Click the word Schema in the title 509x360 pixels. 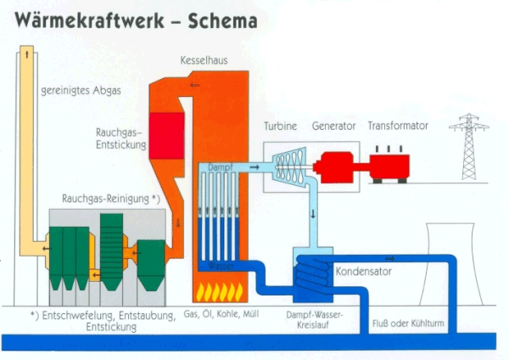[222, 20]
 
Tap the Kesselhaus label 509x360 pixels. [204, 60]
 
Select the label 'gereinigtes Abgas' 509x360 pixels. [81, 90]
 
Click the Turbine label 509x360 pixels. [280, 126]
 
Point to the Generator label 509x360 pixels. [333, 126]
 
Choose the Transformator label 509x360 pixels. [398, 126]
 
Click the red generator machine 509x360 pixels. [333, 167]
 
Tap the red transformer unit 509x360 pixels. [389, 166]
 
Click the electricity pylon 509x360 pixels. [469, 147]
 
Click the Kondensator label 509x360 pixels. [364, 272]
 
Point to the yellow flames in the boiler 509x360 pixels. [220, 292]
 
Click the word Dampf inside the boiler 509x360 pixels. [221, 167]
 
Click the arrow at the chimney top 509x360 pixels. [27, 54]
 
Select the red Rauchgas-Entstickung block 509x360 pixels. [167, 136]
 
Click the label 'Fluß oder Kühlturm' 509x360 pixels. [408, 323]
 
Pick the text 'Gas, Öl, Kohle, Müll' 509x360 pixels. [221, 314]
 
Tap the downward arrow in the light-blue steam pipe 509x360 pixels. [313, 215]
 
